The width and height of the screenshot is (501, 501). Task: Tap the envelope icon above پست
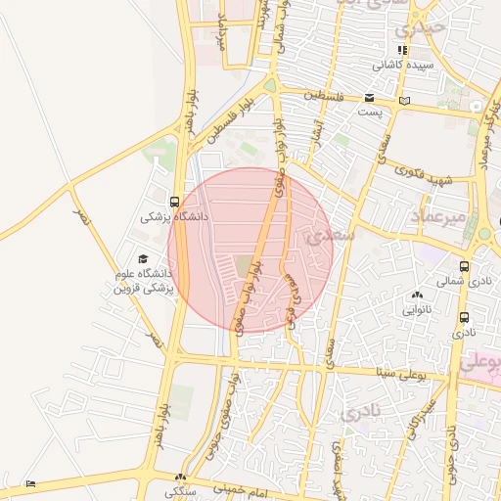[369, 97]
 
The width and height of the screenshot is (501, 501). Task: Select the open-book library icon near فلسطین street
[405, 100]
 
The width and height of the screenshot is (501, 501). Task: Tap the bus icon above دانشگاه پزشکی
[174, 203]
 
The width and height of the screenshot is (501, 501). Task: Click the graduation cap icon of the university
[143, 258]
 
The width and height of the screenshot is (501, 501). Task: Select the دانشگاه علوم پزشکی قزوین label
[143, 281]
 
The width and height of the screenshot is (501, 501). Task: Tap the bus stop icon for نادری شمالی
[464, 266]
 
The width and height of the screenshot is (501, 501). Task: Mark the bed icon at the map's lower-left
[30, 483]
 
